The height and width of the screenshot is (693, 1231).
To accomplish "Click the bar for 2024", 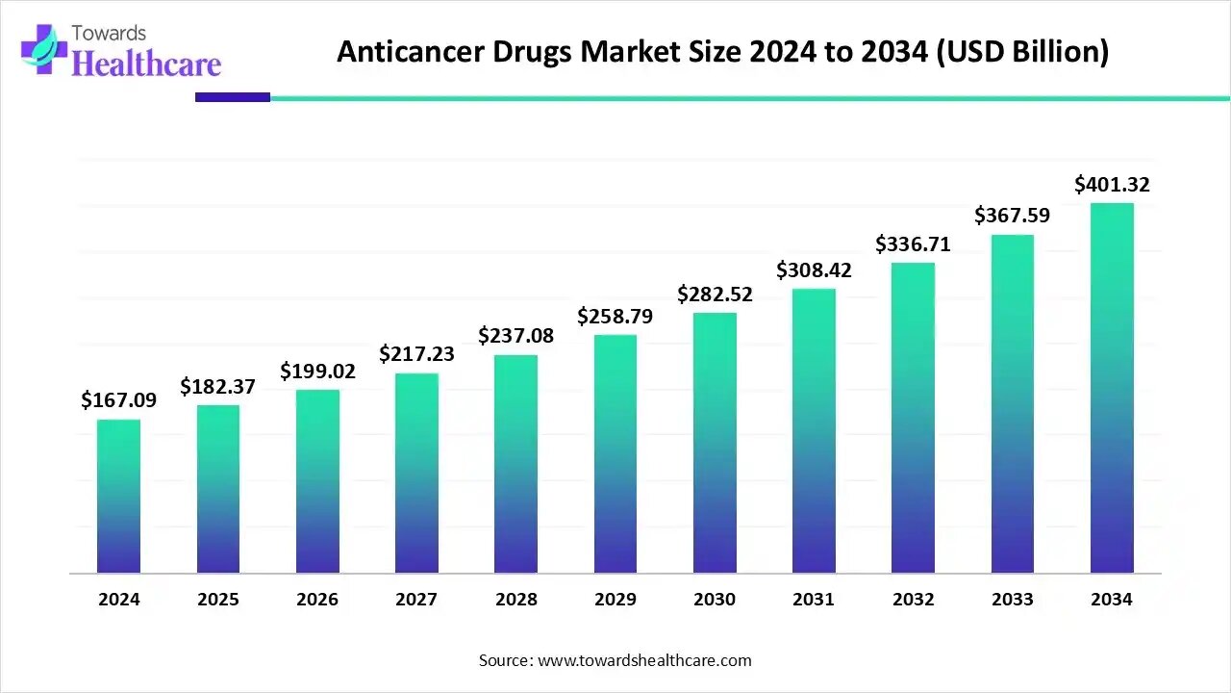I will coord(118,496).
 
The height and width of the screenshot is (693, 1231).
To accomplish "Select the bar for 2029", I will coord(615,453).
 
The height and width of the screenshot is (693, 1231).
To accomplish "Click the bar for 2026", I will coord(317,481).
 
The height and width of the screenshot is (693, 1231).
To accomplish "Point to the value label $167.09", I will coord(118,399).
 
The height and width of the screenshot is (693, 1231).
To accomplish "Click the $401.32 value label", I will coord(1112,184).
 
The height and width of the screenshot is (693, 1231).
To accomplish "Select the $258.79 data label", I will coord(615,316).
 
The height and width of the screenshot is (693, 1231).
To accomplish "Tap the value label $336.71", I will coord(913,244).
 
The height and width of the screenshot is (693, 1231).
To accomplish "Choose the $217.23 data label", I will coord(416,354).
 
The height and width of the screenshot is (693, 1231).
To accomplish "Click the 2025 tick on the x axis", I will coord(218,600).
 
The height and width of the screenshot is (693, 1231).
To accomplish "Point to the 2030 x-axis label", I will coord(715,600).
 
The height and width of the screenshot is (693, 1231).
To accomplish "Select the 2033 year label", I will coord(1013,600).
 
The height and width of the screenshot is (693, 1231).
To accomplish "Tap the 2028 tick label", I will coord(516,600).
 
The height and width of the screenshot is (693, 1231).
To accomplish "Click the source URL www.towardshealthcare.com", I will coord(644,660).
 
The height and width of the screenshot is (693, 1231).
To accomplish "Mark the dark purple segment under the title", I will coord(233,97).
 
